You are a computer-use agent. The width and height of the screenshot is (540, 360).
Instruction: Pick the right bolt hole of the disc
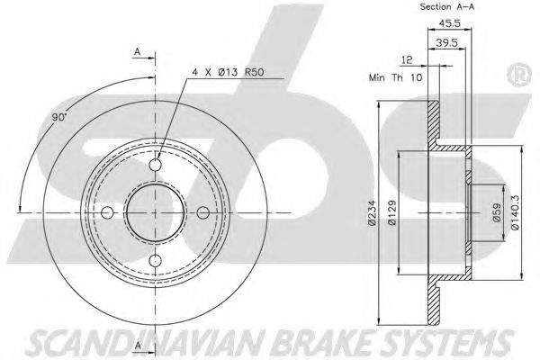pyautogui.click(x=202, y=212)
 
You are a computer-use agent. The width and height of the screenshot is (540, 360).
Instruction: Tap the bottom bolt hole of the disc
pyautogui.click(x=155, y=260)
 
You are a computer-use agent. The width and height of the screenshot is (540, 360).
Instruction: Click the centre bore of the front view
pyautogui.click(x=155, y=212)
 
